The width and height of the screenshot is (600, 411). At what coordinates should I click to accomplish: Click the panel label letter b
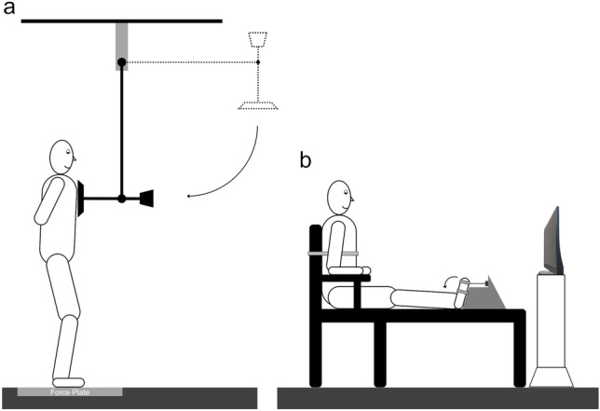305,159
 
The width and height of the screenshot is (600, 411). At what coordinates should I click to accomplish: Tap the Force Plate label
69,391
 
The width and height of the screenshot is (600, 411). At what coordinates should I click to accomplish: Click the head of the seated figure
337,197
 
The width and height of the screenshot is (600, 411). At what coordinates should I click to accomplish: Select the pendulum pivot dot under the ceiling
121,62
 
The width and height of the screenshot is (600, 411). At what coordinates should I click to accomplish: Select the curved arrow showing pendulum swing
242,168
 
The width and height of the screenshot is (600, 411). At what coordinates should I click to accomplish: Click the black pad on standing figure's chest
83,198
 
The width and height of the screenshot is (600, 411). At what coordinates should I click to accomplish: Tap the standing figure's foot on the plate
68,380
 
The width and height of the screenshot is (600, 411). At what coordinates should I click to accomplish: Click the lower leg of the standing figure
68,345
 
